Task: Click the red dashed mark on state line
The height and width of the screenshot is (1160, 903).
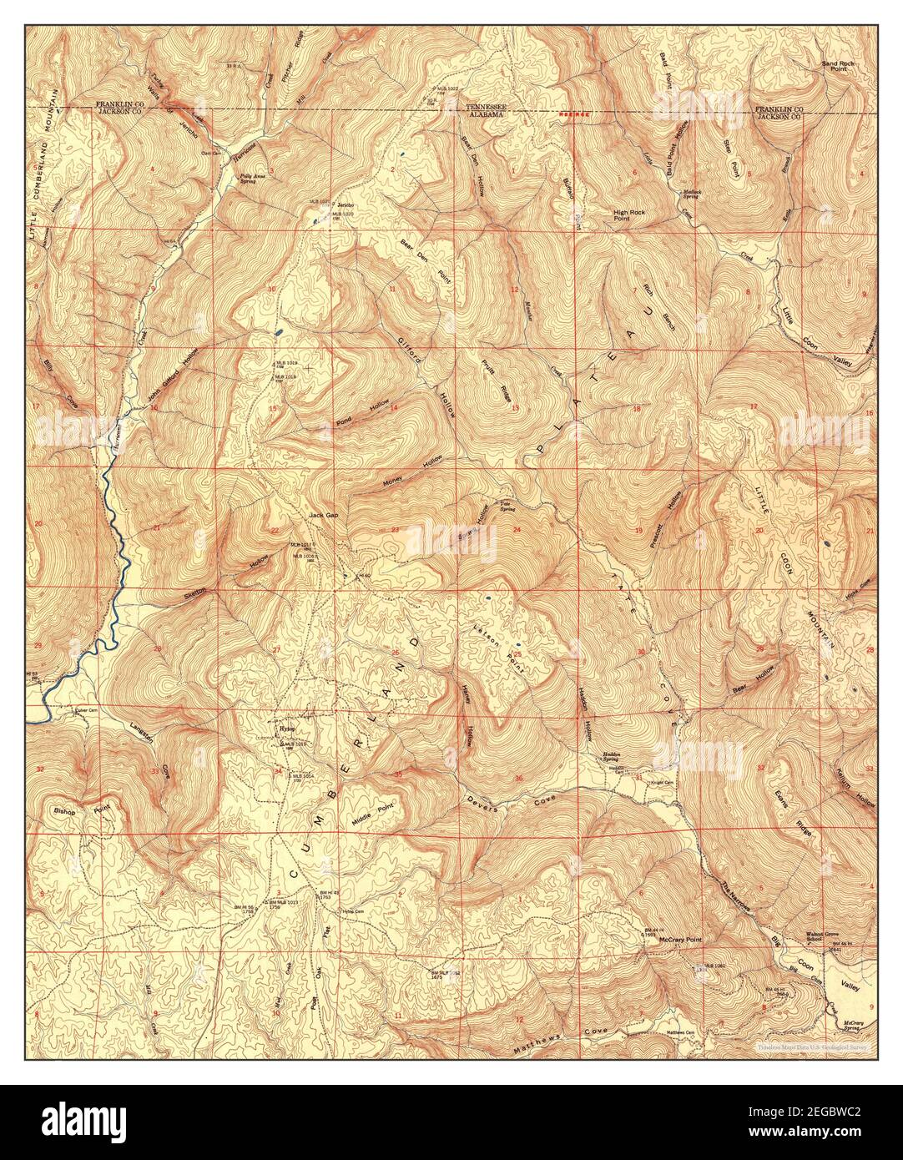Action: [575, 113]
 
